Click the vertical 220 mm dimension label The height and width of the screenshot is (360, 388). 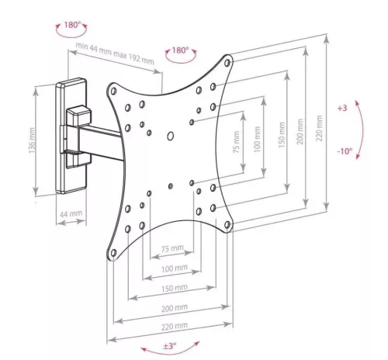click(320, 128)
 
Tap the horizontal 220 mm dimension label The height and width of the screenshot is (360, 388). click(175, 327)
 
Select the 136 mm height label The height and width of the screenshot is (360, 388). click(32, 140)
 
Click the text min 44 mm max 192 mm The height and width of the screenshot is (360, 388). click(115, 54)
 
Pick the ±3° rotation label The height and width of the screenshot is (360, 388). click(170, 345)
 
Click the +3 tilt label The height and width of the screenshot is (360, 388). click(342, 108)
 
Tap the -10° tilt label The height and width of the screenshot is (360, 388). click(345, 151)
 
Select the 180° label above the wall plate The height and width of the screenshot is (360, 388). click(72, 25)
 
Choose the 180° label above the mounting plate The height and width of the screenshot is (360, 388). click(180, 50)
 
